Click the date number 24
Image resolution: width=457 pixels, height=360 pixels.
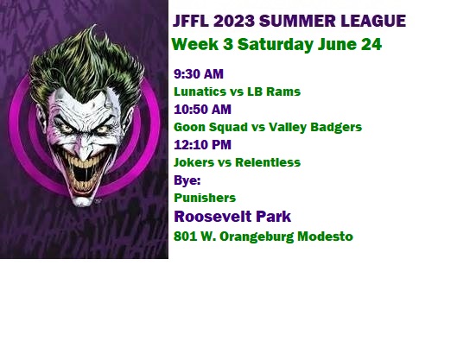click(x=371, y=44)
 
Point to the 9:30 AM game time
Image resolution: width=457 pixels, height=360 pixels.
click(x=199, y=74)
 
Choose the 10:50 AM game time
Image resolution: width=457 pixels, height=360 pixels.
click(x=202, y=110)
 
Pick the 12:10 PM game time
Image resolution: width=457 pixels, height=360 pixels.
click(x=202, y=145)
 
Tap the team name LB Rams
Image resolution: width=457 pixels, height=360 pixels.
click(x=274, y=92)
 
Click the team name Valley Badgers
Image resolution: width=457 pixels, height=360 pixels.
click(x=315, y=127)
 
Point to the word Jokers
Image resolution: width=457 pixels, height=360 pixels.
click(x=194, y=162)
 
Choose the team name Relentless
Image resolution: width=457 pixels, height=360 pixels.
click(x=268, y=162)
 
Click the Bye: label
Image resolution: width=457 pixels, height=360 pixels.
click(x=187, y=180)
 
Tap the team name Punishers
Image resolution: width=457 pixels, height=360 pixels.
click(x=205, y=198)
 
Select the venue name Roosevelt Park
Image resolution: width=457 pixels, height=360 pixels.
click(x=232, y=217)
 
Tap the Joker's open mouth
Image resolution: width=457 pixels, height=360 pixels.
click(x=81, y=174)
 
